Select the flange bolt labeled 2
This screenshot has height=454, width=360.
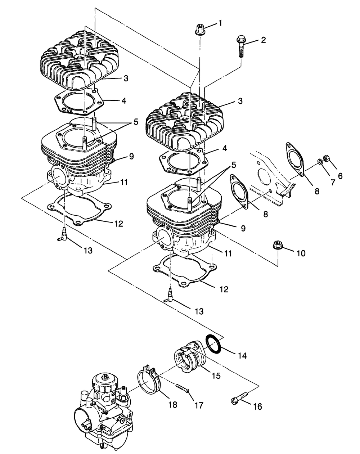tap(240, 47)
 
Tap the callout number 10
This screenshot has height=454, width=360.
tap(301, 253)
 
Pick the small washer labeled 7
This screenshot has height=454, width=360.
tap(320, 162)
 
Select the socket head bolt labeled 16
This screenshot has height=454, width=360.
tap(240, 398)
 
